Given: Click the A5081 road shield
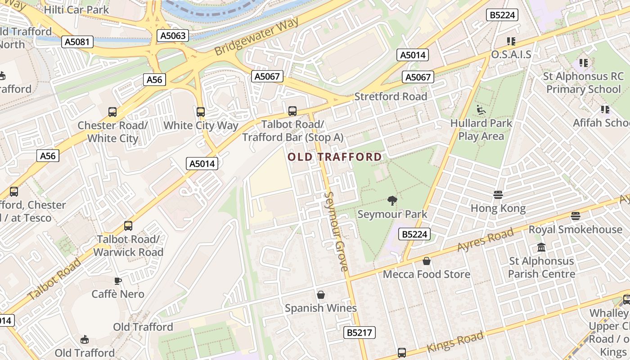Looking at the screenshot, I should (x=77, y=42).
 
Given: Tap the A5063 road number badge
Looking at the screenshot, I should (x=173, y=36).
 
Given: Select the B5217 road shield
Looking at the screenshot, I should (x=360, y=333).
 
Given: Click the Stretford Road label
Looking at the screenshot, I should (x=391, y=96).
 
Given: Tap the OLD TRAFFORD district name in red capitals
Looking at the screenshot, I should (x=335, y=157).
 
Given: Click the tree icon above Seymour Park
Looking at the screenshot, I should (x=392, y=201).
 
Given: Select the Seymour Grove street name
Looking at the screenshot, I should (x=336, y=231).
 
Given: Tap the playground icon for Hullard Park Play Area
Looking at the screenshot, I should (x=481, y=109).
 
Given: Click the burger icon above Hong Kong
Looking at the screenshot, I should (x=498, y=195).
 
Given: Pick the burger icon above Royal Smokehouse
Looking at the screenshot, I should (x=575, y=216).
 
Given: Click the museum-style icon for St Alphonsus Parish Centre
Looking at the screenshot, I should (x=541, y=247).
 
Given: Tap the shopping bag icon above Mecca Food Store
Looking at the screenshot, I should (x=427, y=261).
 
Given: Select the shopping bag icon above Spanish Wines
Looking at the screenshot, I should (x=321, y=295).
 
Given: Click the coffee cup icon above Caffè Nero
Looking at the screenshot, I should (x=118, y=281).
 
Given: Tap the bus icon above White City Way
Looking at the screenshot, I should (x=201, y=112).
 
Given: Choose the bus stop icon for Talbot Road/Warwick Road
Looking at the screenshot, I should (x=128, y=226).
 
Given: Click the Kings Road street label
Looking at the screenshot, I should (x=455, y=342).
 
